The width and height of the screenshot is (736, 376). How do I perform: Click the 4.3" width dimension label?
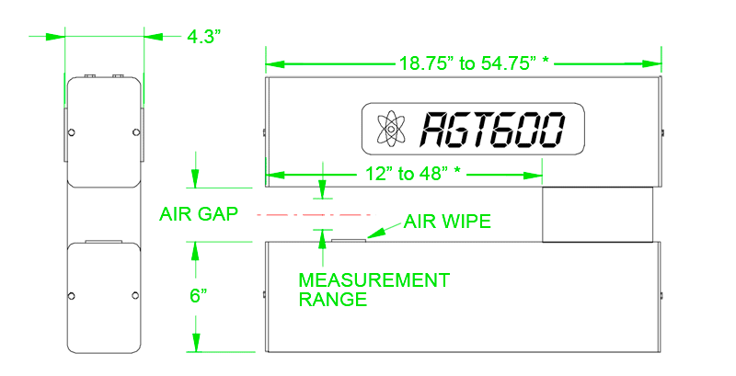[203, 36]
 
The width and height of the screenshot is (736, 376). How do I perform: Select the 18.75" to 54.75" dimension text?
[474, 63]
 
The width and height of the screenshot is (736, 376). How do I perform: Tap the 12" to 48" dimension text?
[412, 174]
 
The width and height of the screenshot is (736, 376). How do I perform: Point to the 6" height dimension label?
[199, 296]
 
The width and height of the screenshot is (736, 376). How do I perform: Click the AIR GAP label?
[199, 214]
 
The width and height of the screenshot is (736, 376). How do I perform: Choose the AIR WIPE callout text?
[447, 222]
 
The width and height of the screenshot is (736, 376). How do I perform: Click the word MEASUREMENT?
[374, 280]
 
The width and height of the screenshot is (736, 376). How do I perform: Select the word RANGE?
[333, 299]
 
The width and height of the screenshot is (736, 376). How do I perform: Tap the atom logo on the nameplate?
[390, 129]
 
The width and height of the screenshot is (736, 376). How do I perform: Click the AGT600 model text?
[491, 130]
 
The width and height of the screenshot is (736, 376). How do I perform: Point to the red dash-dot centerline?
[316, 215]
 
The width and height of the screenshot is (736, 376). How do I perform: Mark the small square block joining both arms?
[597, 214]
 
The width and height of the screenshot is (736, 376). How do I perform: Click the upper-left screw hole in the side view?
[72, 132]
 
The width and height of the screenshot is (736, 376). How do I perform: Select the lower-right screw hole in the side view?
[135, 295]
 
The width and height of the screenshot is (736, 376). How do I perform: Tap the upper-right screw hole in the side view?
[136, 132]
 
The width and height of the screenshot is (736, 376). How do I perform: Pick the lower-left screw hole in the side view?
[72, 295]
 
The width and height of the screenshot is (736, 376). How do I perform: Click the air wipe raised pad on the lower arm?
[349, 240]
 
